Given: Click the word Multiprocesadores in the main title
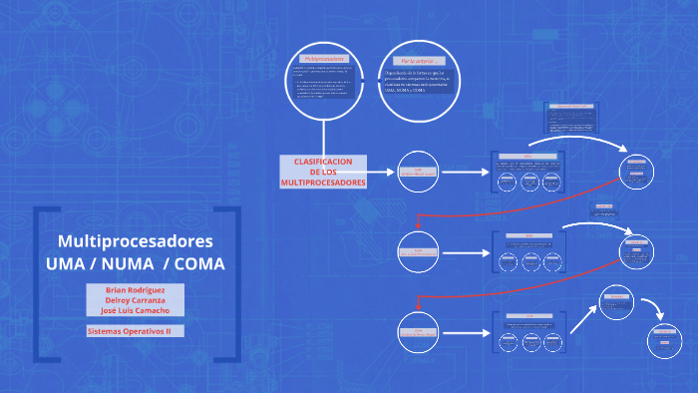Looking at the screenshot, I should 136,241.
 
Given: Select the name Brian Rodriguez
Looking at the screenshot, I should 136,288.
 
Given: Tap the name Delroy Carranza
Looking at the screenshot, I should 136,299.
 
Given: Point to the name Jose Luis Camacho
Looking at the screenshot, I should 136,310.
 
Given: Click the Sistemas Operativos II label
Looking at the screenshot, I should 129,330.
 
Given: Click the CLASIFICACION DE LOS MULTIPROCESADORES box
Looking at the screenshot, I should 323,172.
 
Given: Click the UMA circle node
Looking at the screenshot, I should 419,172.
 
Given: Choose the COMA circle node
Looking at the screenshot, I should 419,331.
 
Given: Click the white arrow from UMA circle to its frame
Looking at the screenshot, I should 466,172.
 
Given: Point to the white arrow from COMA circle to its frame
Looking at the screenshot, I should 466,331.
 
